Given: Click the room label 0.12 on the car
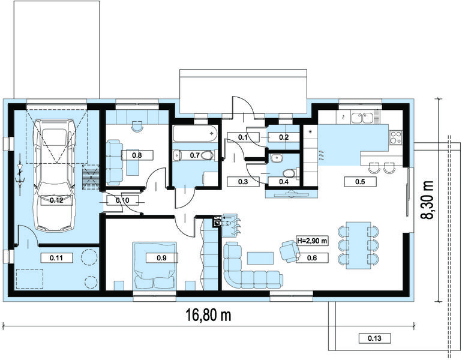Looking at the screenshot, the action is pos(56,200).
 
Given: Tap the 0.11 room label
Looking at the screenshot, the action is pos(56,258).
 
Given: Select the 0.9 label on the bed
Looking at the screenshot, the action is pos(162,258).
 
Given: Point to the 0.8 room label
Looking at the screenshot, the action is pos(137,155).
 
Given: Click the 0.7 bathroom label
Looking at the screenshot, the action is pos(195,155).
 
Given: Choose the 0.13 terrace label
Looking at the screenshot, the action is pos(374,338).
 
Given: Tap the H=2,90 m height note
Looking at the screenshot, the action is pos(313,241).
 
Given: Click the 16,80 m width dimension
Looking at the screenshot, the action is pos(209,315).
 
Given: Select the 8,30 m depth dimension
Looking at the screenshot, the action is pos(427,200).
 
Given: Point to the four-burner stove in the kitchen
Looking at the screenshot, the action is pos(395,137).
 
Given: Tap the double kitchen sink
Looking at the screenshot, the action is pos(362,118).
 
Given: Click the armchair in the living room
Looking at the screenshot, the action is pos(290,251).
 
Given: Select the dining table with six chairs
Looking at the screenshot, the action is pos(358,245).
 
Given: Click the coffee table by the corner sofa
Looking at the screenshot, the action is pos(260,258).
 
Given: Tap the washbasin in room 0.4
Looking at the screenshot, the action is pos(277,158).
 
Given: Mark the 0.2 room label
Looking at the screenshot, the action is pos(284,137).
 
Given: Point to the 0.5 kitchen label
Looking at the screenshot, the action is pos(360,181).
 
